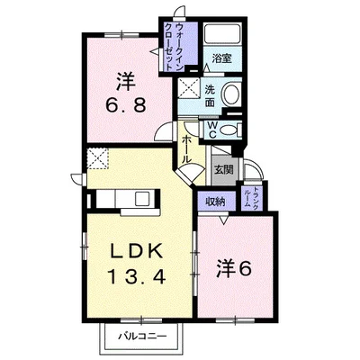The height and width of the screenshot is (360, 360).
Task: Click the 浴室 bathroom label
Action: click(x=222, y=58)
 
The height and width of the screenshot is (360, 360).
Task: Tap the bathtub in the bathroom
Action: click(x=222, y=34)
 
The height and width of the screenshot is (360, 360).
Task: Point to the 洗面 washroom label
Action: click(x=210, y=95)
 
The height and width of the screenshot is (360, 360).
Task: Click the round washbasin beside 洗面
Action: click(x=230, y=95)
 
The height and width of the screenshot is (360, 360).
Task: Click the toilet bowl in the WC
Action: click(x=229, y=130)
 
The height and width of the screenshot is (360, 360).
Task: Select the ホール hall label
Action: click(x=186, y=149)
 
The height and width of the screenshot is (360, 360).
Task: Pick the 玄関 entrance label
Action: click(x=223, y=170)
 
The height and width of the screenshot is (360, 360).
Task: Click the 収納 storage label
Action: click(x=215, y=202)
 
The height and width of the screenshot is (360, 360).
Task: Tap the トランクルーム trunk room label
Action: click(x=251, y=196)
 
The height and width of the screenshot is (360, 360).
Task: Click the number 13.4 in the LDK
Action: click(x=137, y=276)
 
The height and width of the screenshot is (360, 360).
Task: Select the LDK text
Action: click(x=137, y=251)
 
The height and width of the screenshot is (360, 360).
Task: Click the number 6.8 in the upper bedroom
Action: click(x=126, y=105)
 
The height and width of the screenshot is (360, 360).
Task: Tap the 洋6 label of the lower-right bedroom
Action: click(x=233, y=268)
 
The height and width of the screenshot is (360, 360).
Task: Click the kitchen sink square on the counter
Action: click(x=143, y=199)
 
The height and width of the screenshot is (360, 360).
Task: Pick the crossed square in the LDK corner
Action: click(x=97, y=158)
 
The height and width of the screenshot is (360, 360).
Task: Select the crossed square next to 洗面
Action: click(x=189, y=87)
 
